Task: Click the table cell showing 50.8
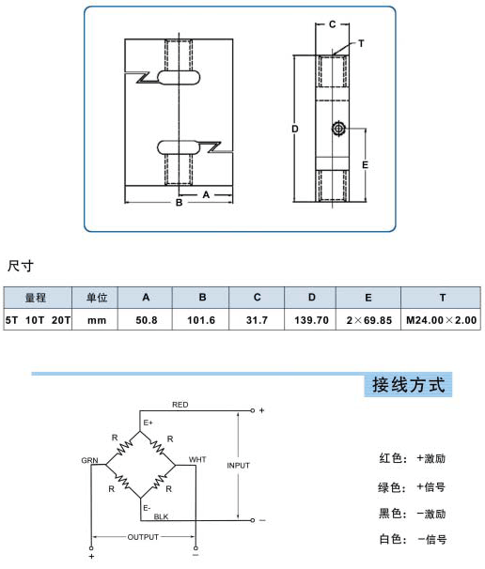147,320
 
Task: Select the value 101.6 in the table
201,320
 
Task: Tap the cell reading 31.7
257,320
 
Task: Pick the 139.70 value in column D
311,320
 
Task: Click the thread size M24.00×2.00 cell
441,320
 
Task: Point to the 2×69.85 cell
369,320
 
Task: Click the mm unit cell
97,320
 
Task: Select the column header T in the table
443,298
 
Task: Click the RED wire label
180,405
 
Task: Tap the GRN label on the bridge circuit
89,460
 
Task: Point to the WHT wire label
197,459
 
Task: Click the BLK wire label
161,516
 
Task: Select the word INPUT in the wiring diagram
239,465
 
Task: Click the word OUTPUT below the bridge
143,537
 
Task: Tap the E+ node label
148,423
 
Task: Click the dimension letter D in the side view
295,129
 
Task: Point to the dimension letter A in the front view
206,195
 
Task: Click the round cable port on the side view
338,129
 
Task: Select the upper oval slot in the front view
179,77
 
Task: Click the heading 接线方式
408,385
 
